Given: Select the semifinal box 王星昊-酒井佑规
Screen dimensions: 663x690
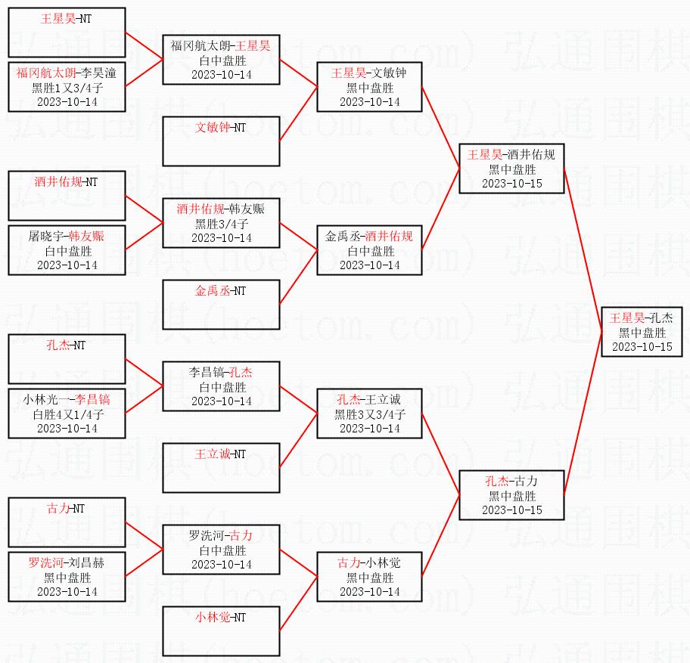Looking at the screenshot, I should [511, 168].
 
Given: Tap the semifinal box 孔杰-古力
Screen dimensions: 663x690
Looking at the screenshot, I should [511, 495].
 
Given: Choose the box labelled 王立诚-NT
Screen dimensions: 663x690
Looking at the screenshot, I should [222, 467].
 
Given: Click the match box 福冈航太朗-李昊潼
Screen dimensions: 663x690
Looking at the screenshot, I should [67, 87].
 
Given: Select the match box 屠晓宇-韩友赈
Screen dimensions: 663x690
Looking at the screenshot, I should [67, 250].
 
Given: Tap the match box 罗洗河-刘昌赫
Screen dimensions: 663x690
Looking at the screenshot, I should [67, 577].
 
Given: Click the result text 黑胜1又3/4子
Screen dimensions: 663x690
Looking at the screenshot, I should [67, 88].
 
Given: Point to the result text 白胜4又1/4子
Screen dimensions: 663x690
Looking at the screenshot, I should [67, 414].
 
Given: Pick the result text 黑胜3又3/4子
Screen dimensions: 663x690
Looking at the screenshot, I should [370, 414].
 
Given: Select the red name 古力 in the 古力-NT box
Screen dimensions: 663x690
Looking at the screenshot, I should [57, 508].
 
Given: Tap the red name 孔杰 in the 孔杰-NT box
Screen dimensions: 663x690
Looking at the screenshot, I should [57, 345].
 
